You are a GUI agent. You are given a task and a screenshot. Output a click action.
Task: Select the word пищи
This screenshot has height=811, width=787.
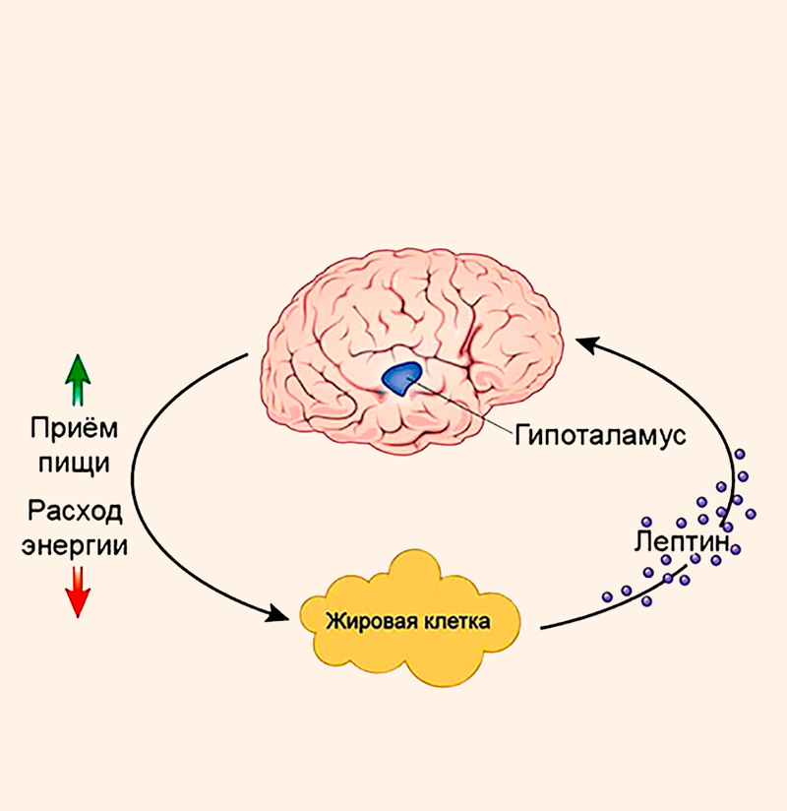pos(76,462)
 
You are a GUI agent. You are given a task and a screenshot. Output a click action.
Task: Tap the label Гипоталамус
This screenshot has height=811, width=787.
pos(599,434)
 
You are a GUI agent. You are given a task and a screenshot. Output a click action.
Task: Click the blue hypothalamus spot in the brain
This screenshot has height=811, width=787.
pos(400,378)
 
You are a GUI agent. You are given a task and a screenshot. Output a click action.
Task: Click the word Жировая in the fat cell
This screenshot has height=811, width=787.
pos(369,622)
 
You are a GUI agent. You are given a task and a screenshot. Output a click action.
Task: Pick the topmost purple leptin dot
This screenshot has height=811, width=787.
pos(739,454)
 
